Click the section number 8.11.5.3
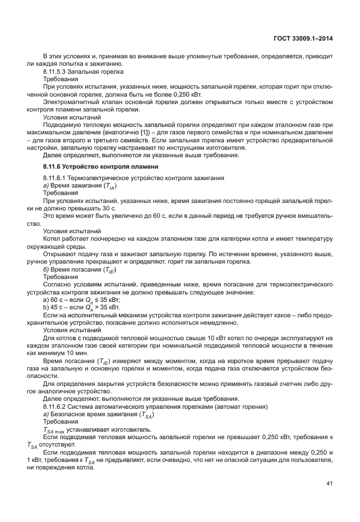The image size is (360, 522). point(57,73)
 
